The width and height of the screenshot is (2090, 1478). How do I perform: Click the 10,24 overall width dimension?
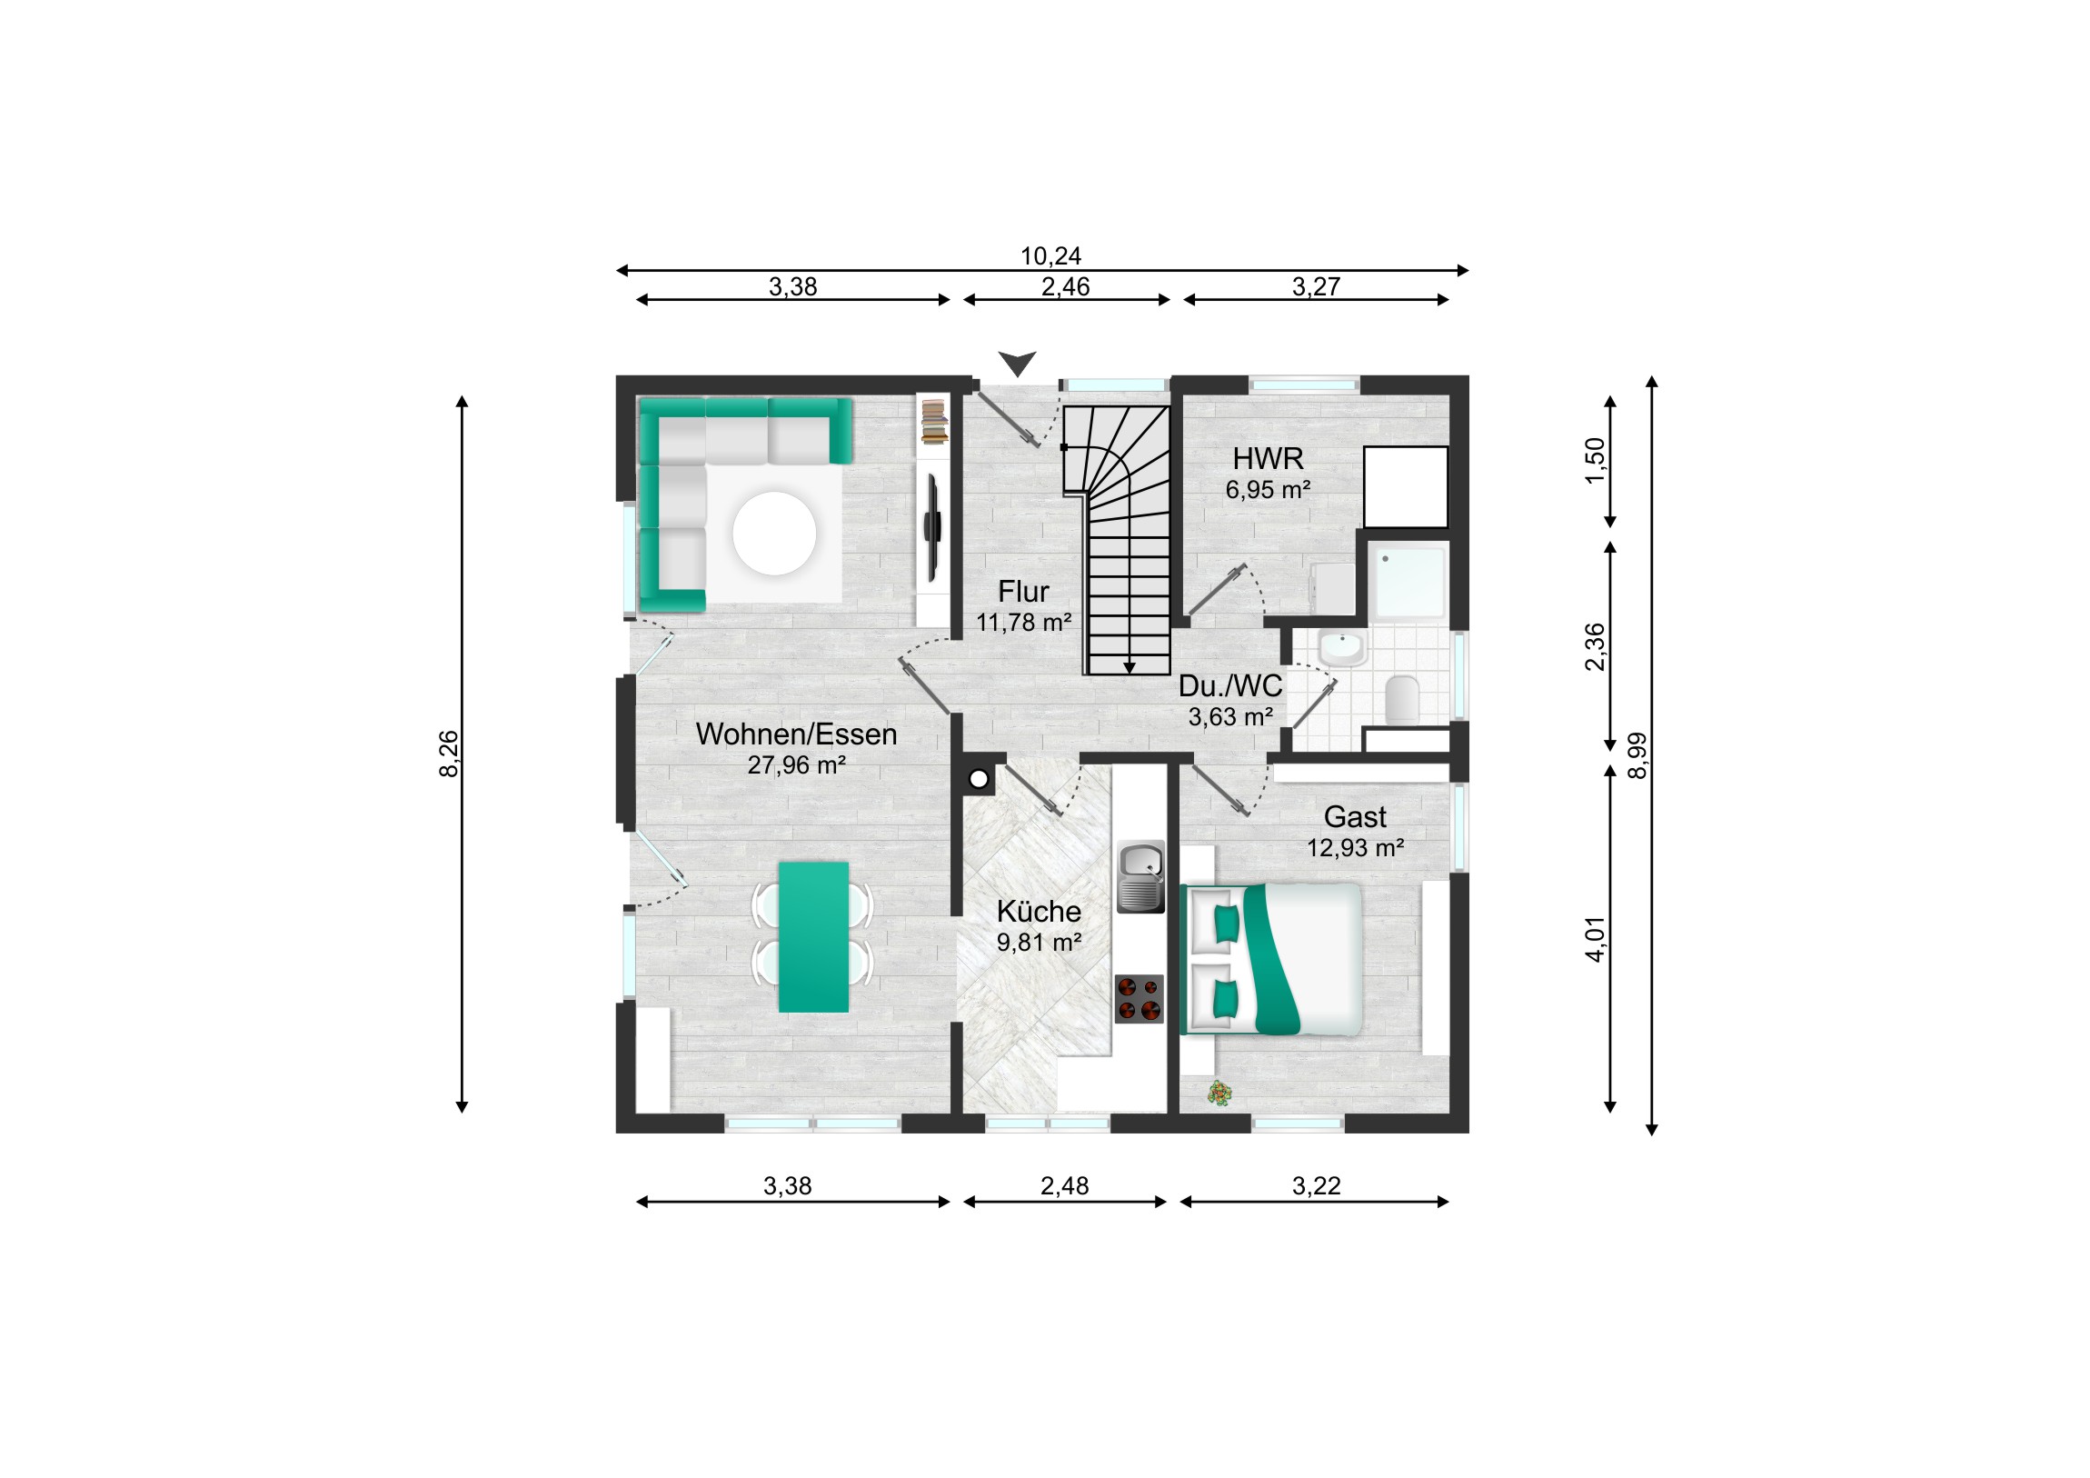(x=1050, y=256)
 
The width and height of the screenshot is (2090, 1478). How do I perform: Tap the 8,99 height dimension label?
(x=1637, y=755)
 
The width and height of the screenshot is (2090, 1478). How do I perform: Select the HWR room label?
(x=1268, y=458)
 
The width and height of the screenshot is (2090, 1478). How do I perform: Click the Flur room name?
(x=1023, y=592)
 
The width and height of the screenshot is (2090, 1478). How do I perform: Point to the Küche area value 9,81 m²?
(x=1039, y=943)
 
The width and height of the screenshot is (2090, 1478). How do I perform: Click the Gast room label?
(x=1355, y=817)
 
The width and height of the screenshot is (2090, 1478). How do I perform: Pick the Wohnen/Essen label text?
(x=797, y=734)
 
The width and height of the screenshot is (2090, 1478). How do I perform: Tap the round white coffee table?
(x=774, y=534)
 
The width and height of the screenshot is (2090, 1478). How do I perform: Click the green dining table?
(x=814, y=937)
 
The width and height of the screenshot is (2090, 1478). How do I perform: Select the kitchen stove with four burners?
(x=1140, y=999)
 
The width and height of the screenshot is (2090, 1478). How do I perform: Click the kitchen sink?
(x=1140, y=876)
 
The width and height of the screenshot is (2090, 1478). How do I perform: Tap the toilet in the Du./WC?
(x=1402, y=699)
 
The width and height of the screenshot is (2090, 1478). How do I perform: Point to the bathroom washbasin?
(x=1342, y=648)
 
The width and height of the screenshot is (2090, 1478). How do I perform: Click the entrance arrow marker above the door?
(x=1017, y=364)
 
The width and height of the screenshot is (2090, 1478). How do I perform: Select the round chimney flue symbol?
(x=979, y=779)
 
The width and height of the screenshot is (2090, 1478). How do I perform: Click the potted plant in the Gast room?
(x=1219, y=1093)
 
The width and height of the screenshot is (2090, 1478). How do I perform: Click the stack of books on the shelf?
(x=934, y=423)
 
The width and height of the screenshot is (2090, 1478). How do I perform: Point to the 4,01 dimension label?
(x=1596, y=939)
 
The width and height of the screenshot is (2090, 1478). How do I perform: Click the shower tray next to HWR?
(x=1409, y=582)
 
